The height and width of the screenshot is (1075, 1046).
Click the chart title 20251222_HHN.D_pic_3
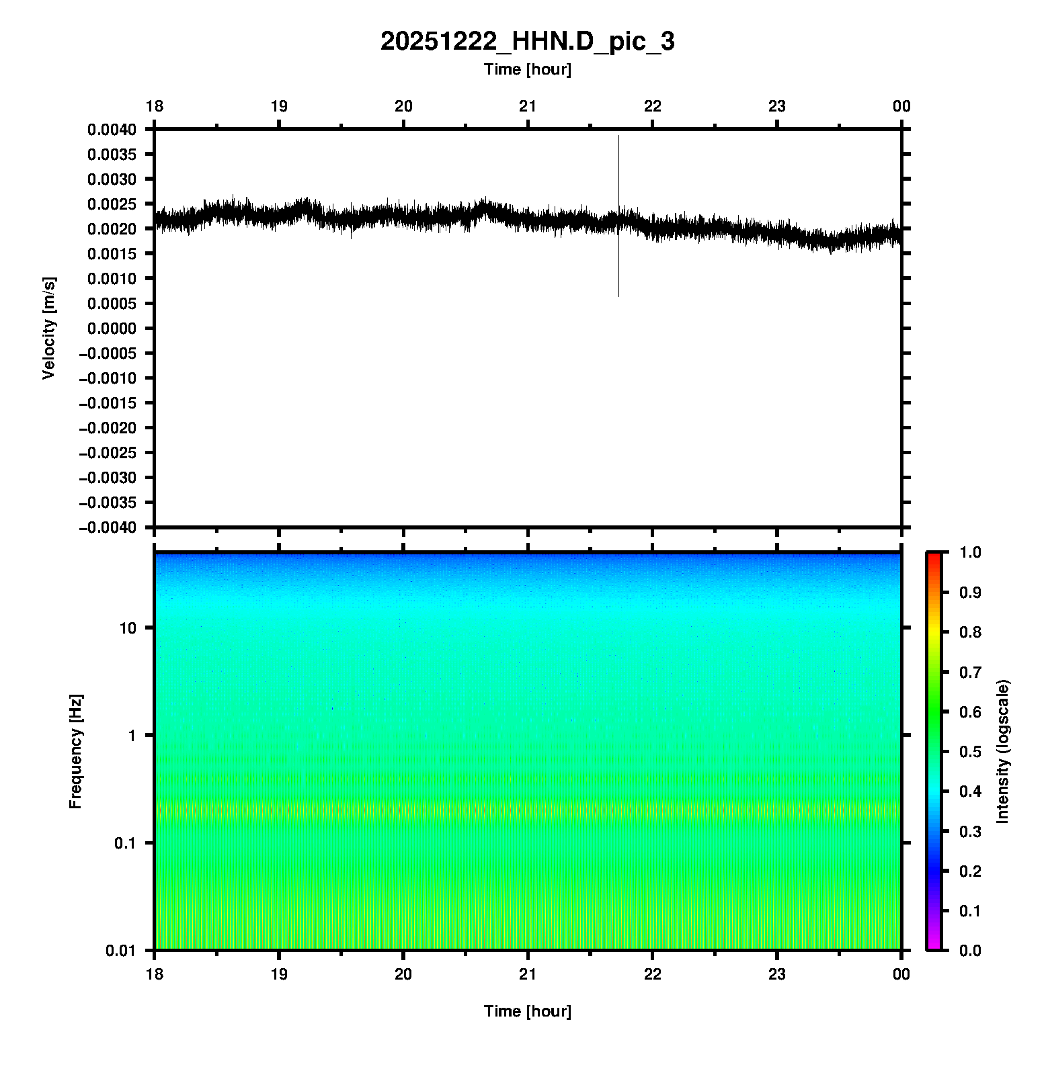[x=527, y=42]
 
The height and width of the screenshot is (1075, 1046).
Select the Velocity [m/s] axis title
[x=49, y=328]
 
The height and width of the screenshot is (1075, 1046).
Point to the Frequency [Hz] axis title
[x=75, y=751]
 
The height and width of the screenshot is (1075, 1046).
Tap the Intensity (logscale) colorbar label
[x=1003, y=751]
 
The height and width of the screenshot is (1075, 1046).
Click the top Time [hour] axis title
[x=527, y=69]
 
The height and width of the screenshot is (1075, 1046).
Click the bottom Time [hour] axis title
[x=527, y=1011]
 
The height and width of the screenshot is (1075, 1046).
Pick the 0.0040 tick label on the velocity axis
[x=111, y=130]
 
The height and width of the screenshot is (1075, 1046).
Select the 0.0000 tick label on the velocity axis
[x=111, y=329]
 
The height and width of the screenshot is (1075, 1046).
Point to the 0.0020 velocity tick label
[x=111, y=229]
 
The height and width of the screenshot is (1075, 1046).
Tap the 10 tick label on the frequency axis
[x=127, y=628]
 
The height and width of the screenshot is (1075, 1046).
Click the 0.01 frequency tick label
[x=121, y=950]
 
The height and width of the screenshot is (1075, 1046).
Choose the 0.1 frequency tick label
[x=124, y=843]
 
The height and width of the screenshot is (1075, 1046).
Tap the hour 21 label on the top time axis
[x=528, y=106]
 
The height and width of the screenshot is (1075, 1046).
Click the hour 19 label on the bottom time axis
[x=279, y=974]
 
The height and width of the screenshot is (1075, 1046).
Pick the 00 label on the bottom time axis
[x=901, y=974]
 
